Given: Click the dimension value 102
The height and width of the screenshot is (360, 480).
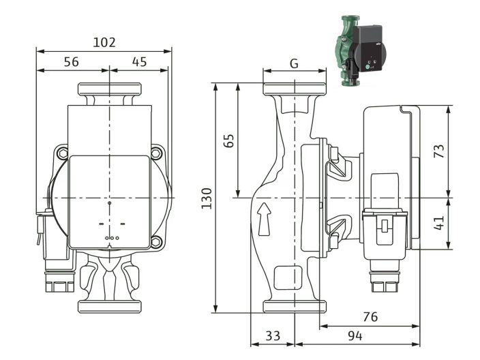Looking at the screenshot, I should pyautogui.click(x=104, y=42).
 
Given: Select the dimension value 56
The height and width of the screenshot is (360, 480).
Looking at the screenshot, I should pyautogui.click(x=71, y=61).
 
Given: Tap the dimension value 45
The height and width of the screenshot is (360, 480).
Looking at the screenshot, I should pyautogui.click(x=139, y=61).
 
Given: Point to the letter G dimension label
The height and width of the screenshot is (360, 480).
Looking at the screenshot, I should pyautogui.click(x=294, y=63).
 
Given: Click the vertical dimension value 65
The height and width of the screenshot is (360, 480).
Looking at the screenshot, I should pyautogui.click(x=229, y=140).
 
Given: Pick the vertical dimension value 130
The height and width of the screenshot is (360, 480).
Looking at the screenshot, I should pyautogui.click(x=207, y=198).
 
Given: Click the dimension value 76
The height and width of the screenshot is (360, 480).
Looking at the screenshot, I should pyautogui.click(x=370, y=317).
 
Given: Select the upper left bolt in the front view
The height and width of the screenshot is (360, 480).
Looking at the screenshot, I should pyautogui.click(x=62, y=153).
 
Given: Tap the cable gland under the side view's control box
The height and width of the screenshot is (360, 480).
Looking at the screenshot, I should pyautogui.click(x=379, y=280).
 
